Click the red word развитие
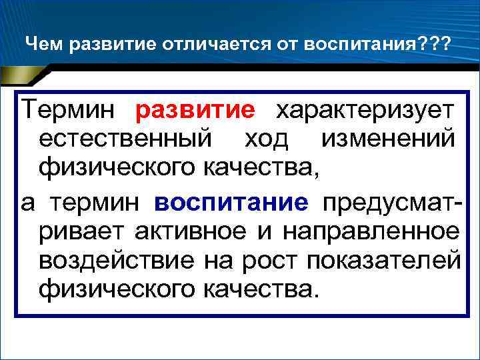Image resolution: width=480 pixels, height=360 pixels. (195, 109)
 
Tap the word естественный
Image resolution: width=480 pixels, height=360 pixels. (127, 139)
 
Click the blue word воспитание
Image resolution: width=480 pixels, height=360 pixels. (231, 203)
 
